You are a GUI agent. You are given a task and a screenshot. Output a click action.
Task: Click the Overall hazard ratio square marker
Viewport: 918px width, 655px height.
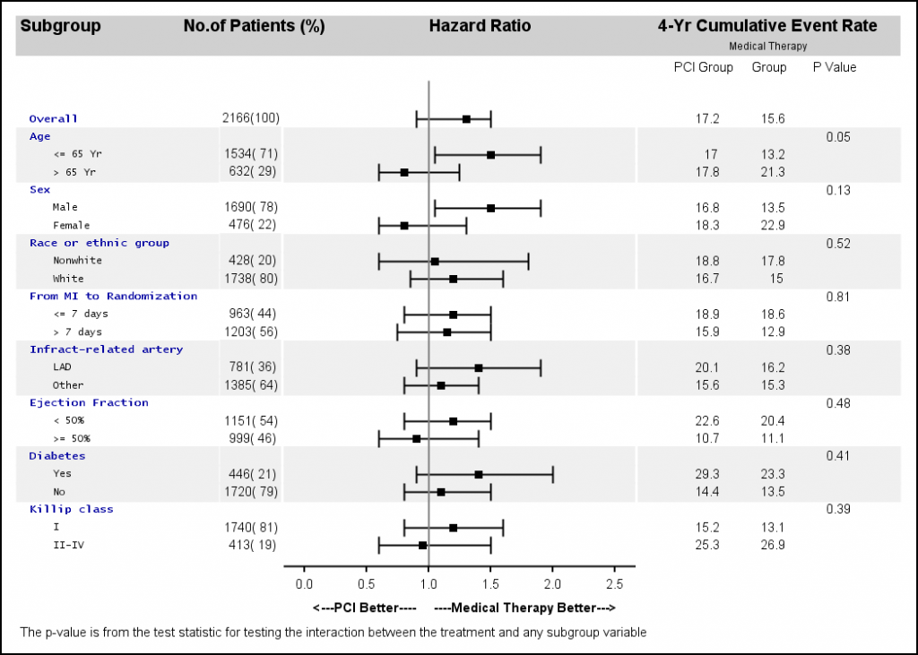pos(466,118)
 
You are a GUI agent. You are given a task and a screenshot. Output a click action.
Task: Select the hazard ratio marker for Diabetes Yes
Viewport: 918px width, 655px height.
pos(479,474)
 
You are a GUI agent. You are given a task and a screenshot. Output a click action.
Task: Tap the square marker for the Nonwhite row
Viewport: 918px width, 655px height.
pos(435,261)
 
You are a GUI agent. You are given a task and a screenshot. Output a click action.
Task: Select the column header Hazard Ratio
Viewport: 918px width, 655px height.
pos(480,26)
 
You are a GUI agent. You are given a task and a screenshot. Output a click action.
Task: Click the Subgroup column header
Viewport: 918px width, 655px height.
pos(60,26)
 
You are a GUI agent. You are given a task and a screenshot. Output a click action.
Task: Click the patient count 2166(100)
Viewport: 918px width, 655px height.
pos(251,118)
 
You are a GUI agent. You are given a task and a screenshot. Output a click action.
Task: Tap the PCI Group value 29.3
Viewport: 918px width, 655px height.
pos(708,474)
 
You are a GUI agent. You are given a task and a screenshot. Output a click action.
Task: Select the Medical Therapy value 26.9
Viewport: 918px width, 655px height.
pos(768,545)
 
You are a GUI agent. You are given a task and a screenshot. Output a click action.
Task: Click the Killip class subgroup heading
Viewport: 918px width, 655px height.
pos(72,509)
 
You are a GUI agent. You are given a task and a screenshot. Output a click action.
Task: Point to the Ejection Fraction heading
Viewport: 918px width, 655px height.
pos(89,402)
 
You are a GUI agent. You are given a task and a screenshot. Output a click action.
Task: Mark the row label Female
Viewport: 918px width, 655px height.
pos(72,225)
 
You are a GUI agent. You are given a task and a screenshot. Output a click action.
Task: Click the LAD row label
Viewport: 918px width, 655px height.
pos(62,367)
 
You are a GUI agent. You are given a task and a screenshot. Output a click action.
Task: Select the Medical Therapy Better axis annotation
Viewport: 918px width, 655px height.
pos(524,608)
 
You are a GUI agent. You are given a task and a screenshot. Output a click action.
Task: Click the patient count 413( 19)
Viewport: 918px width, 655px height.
pos(251,545)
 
